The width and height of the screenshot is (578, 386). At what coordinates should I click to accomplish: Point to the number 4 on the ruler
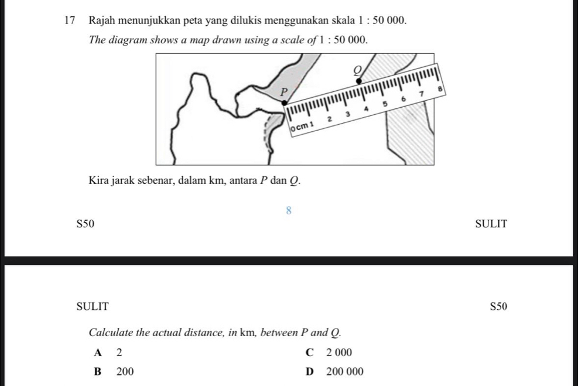pos(366,108)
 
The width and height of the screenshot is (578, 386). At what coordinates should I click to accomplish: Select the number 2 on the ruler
pos(329,118)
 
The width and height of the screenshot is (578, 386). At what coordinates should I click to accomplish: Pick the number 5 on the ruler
pos(385,104)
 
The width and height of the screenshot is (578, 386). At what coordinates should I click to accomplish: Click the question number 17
pos(71,21)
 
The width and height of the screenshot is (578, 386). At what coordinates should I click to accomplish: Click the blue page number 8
pos(288,210)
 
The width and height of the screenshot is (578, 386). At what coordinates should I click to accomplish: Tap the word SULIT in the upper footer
pos(491,224)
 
